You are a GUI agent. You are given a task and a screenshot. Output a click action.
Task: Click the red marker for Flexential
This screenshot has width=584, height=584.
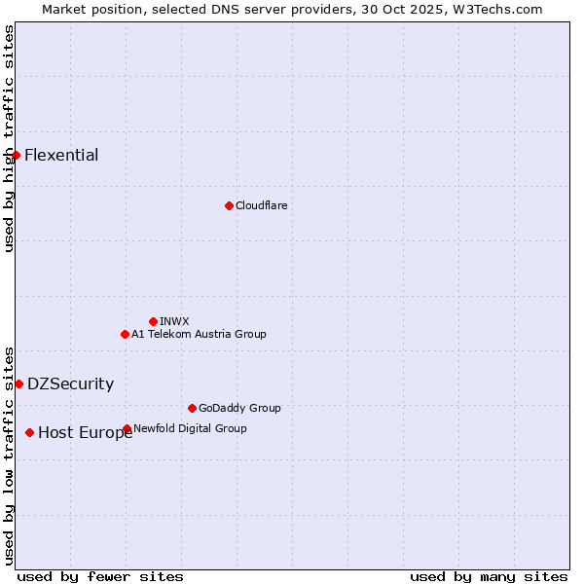point(16,155)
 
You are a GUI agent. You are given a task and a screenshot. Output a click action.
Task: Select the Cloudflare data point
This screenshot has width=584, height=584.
point(229,205)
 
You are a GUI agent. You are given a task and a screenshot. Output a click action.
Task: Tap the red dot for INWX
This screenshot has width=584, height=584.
point(153,321)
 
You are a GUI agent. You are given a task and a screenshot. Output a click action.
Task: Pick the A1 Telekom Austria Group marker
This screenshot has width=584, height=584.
point(125,334)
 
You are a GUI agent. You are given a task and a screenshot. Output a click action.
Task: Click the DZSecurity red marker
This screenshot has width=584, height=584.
point(18,383)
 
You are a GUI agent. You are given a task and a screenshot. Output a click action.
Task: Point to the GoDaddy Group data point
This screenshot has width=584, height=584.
point(192,408)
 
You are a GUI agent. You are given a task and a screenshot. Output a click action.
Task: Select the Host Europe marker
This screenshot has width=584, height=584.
point(30,432)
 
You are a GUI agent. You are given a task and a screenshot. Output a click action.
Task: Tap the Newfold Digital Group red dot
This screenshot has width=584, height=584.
point(128,428)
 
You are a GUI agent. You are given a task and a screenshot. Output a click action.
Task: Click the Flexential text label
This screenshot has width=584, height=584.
point(61,155)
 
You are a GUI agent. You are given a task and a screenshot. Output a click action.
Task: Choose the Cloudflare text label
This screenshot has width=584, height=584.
point(261,205)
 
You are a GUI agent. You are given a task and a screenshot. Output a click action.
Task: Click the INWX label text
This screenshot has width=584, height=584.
point(174,321)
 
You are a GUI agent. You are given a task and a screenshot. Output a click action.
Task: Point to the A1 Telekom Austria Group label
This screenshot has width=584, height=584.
point(199,334)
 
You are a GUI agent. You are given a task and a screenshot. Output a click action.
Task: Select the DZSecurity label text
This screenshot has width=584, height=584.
point(70,383)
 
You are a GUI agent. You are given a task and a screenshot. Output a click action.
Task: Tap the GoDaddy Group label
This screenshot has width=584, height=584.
point(239,408)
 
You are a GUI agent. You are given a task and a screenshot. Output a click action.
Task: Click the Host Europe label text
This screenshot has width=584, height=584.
point(85,433)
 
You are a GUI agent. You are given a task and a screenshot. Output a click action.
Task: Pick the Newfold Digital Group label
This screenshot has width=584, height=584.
point(190,428)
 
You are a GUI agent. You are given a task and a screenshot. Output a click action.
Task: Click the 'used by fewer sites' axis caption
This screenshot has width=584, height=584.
point(100,576)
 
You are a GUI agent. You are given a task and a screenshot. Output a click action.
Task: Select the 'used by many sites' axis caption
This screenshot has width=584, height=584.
point(489,576)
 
